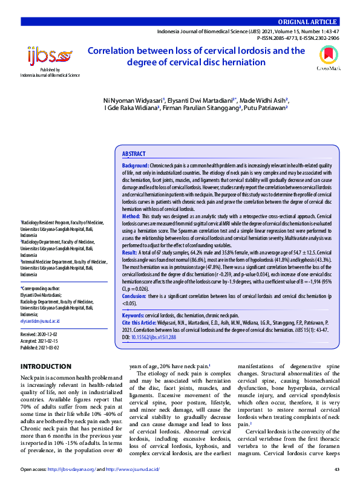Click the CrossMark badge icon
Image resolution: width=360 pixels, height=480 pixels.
click(x=329, y=59)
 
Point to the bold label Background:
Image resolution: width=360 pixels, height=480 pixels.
click(x=136, y=166)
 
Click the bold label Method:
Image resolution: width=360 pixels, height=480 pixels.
click(x=131, y=216)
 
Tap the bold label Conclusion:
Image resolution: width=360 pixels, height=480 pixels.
click(x=134, y=297)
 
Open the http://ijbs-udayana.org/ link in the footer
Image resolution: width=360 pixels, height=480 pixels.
click(x=69, y=469)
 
